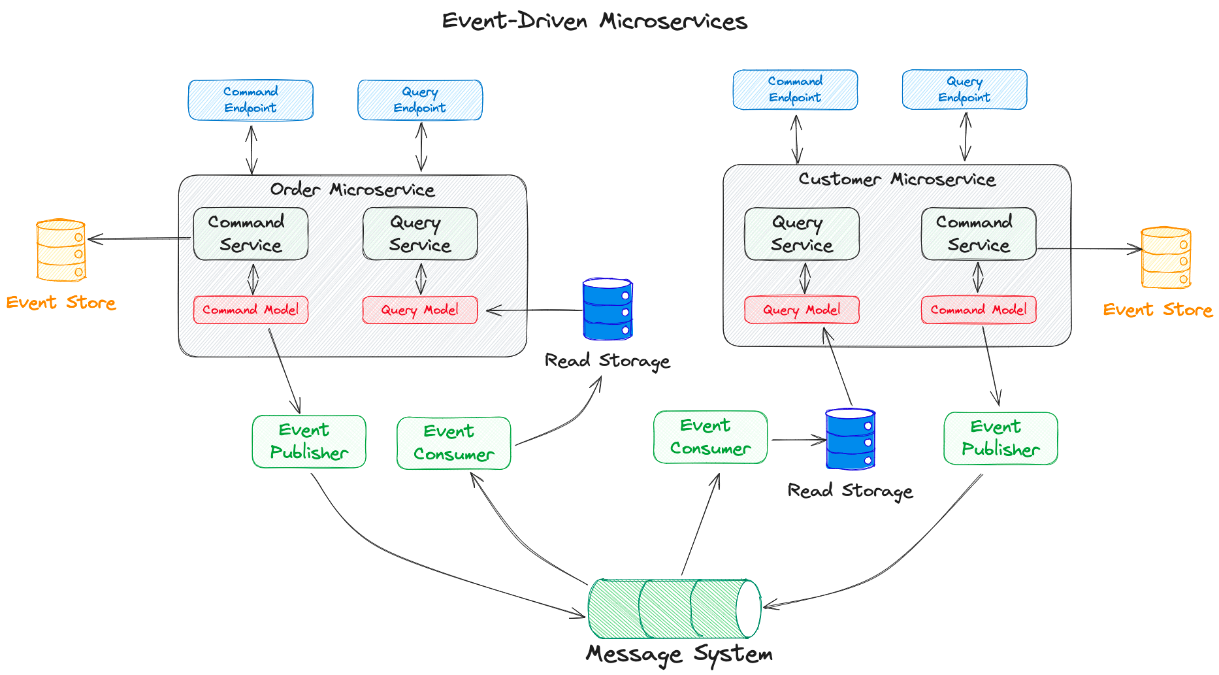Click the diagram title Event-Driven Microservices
(594, 22)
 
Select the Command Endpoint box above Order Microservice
(251, 100)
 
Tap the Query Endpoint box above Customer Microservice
(964, 90)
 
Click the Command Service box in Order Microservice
(251, 234)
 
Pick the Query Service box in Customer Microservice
(802, 234)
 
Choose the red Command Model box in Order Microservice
(251, 310)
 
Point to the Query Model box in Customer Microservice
(802, 310)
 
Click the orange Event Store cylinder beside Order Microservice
(61, 250)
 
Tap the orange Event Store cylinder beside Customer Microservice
(1165, 257)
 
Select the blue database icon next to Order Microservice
(608, 309)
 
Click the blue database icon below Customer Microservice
(850, 439)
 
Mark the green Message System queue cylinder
(674, 608)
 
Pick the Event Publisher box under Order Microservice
(309, 442)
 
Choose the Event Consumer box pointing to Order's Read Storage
(454, 443)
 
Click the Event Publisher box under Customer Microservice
(1000, 438)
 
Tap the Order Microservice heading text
(353, 189)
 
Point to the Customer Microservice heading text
(897, 179)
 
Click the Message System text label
(679, 654)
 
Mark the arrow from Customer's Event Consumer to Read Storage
(798, 440)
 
